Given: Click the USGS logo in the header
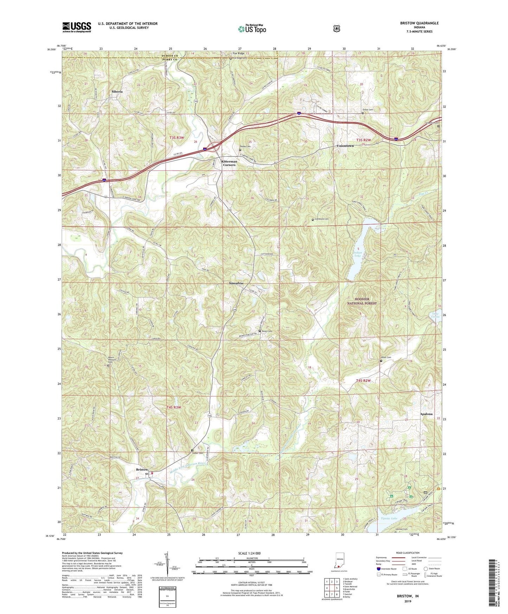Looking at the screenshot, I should (x=77, y=27).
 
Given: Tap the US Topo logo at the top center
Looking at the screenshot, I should (x=252, y=28).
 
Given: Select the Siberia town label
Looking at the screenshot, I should (x=117, y=91).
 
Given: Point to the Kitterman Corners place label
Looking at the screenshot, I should (x=229, y=163).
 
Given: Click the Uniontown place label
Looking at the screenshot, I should (x=345, y=146).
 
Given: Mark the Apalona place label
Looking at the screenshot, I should (x=426, y=414).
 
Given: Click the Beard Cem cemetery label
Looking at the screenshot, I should (x=268, y=331).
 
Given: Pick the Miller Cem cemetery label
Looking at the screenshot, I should (x=386, y=357).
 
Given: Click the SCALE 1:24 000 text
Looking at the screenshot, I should (x=251, y=553).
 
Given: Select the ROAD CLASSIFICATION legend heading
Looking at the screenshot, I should (x=407, y=553).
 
